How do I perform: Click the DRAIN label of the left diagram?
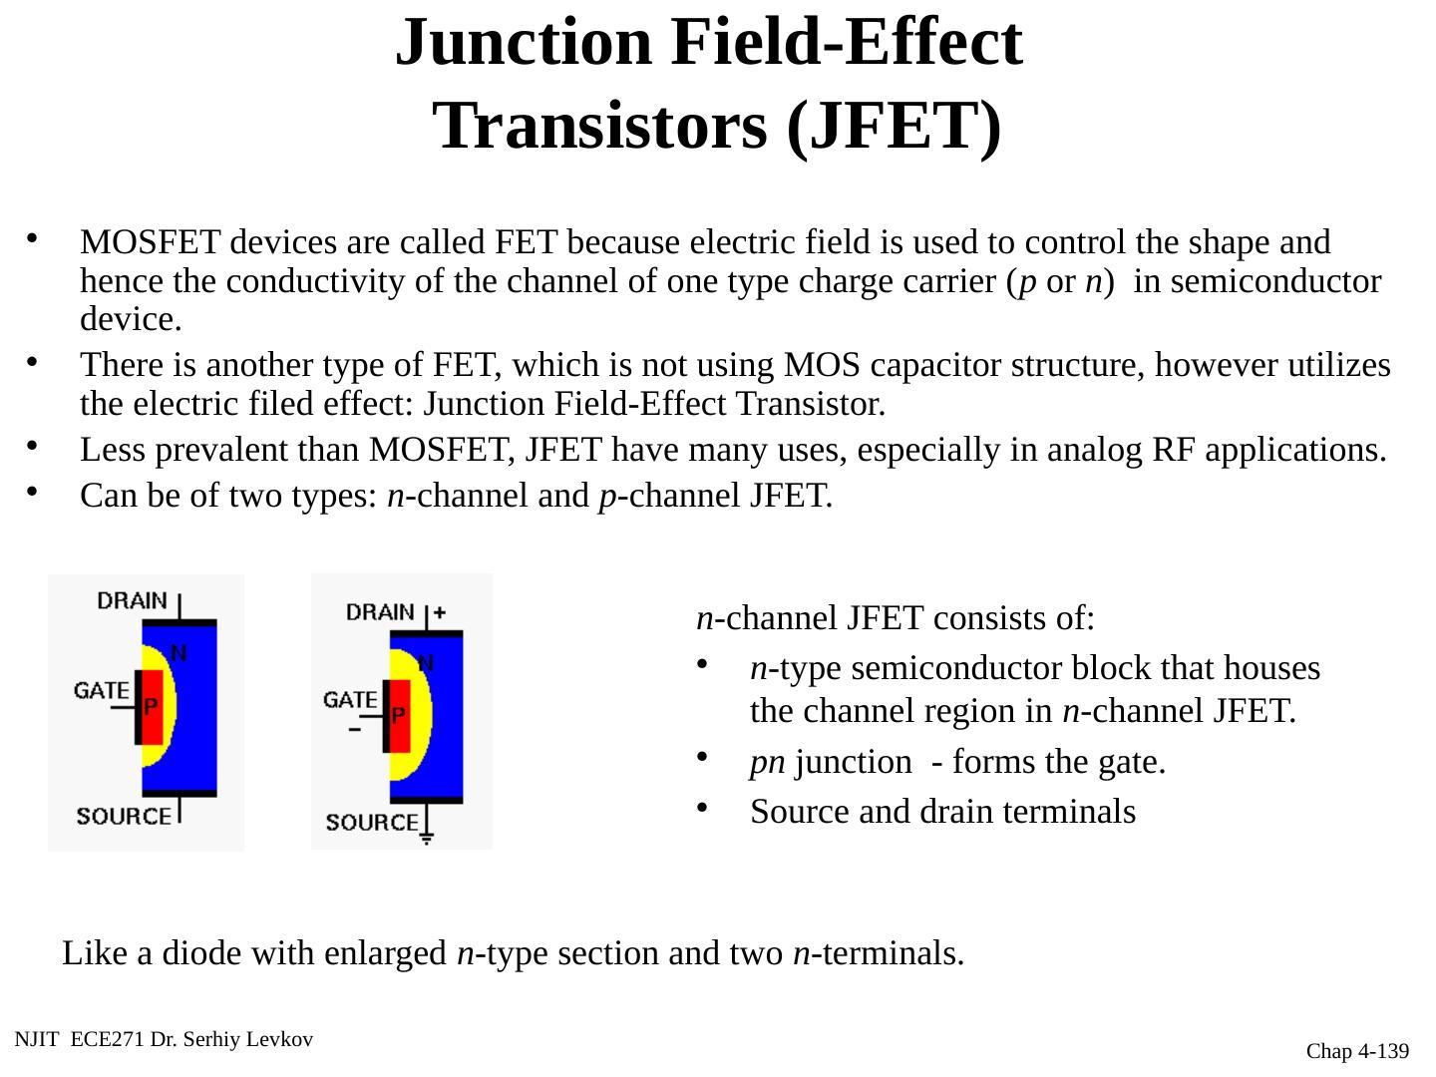pyautogui.click(x=132, y=600)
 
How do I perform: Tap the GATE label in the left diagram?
pyautogui.click(x=102, y=690)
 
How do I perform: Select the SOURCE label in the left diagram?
pyautogui.click(x=124, y=816)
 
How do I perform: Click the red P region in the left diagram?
pyautogui.click(x=152, y=707)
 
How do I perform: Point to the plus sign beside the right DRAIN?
pyautogui.click(x=440, y=612)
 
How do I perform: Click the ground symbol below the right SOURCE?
pyautogui.click(x=427, y=838)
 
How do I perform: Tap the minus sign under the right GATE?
pyautogui.click(x=354, y=729)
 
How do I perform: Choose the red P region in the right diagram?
pyautogui.click(x=399, y=715)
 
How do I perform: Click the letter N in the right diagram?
pyautogui.click(x=426, y=662)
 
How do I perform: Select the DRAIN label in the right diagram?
pyautogui.click(x=380, y=611)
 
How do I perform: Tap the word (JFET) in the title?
pyautogui.click(x=893, y=127)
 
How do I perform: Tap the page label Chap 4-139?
pyautogui.click(x=1358, y=1051)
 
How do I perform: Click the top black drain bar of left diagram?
pyautogui.click(x=179, y=622)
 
